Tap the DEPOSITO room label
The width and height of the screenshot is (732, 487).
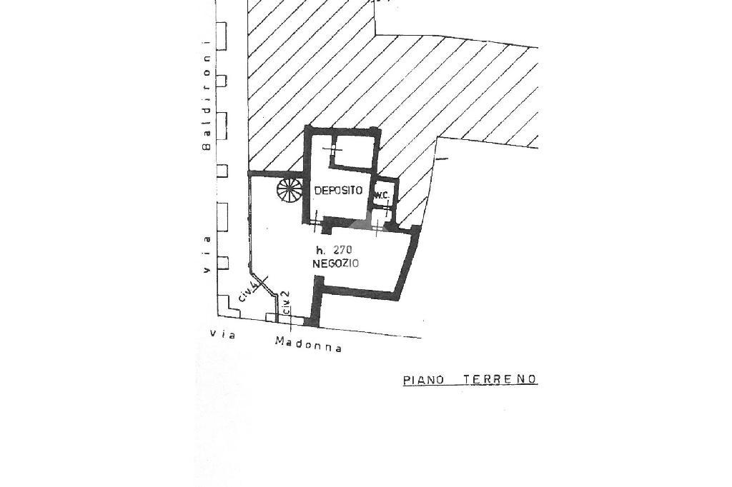click(x=338, y=191)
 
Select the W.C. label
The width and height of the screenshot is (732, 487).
click(x=382, y=196)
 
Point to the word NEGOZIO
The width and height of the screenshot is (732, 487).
click(x=336, y=263)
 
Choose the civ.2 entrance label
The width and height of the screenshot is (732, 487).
click(x=287, y=302)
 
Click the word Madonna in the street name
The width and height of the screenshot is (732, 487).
click(x=309, y=344)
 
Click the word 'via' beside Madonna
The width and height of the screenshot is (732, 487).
click(x=223, y=334)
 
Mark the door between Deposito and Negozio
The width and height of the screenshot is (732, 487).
click(x=317, y=222)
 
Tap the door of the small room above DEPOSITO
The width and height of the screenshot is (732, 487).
click(x=332, y=149)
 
